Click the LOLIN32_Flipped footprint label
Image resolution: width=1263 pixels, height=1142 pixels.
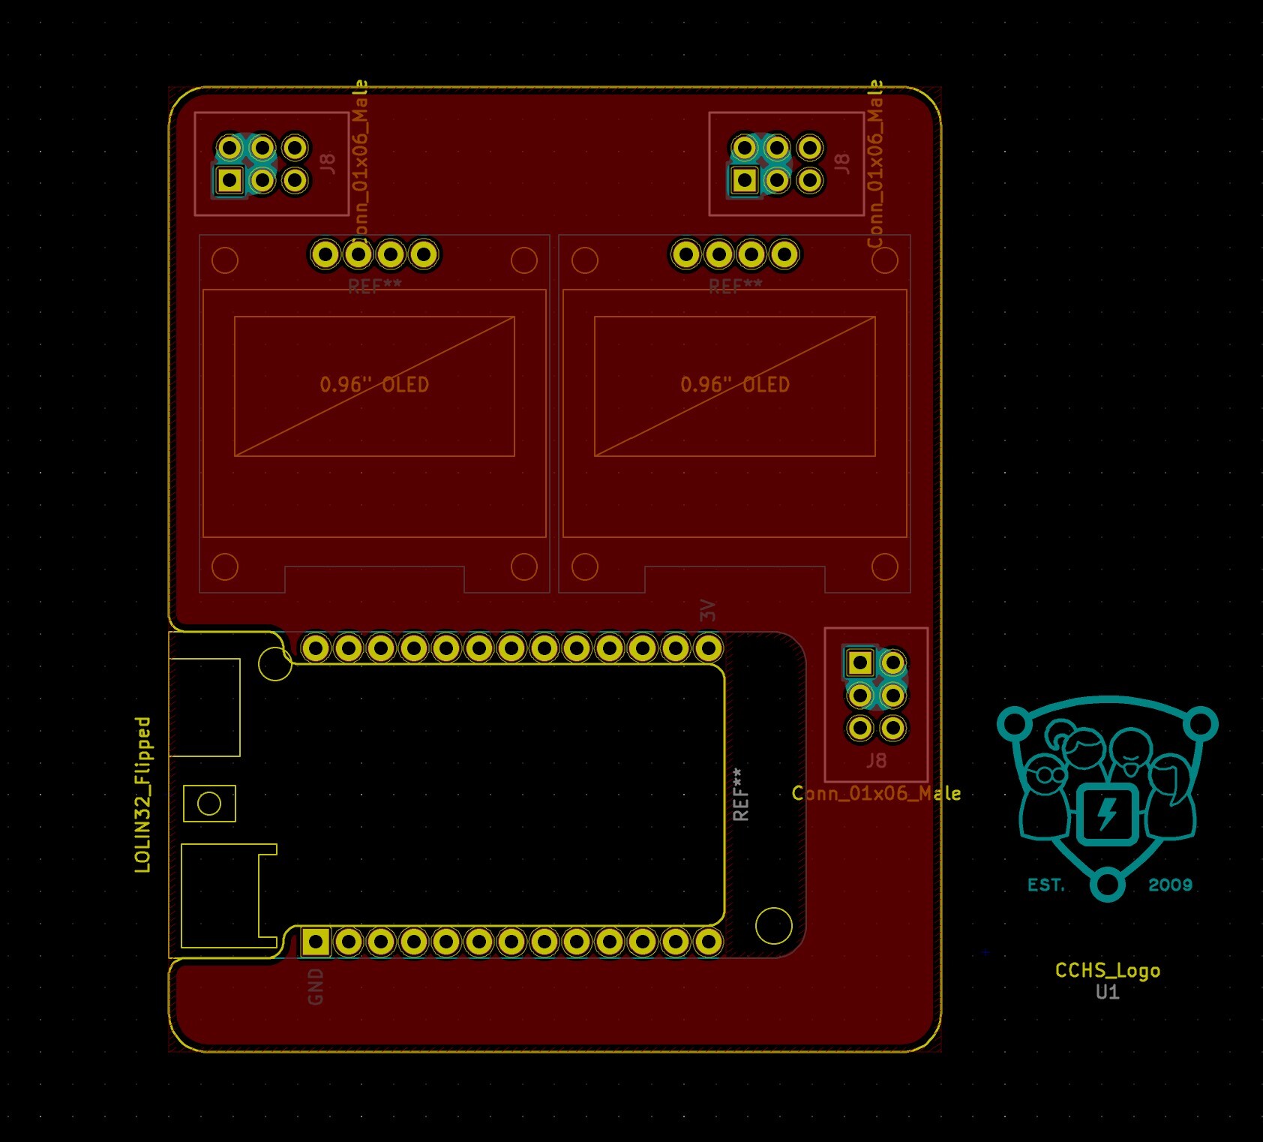[142, 795]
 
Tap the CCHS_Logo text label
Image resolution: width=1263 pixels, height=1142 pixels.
[1107, 970]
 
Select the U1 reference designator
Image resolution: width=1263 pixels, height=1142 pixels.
[1107, 992]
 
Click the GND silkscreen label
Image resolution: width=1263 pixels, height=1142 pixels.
[316, 986]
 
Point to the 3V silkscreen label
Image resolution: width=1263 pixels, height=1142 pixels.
[708, 610]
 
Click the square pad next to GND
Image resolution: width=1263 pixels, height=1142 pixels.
[316, 942]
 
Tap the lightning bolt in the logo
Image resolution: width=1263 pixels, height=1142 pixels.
[1108, 813]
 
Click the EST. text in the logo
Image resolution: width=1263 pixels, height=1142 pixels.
[1046, 885]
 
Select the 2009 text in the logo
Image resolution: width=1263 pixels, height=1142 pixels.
[1170, 885]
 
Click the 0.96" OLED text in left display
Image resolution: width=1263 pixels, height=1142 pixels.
[374, 385]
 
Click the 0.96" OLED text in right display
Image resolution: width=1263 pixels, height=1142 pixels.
[735, 385]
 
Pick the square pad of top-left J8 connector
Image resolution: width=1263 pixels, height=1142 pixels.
[229, 180]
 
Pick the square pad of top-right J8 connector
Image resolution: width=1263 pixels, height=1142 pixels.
[744, 180]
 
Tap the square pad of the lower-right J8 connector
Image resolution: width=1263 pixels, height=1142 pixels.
[859, 663]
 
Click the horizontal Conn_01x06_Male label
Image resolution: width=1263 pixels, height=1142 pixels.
[876, 793]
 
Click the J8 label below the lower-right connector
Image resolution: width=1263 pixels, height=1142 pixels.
[876, 761]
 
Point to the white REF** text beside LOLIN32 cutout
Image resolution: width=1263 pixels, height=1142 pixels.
[740, 794]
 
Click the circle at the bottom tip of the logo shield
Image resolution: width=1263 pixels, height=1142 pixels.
[1108, 884]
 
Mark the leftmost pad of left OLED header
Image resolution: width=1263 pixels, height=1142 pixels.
[325, 254]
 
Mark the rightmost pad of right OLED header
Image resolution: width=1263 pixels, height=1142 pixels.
[784, 254]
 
